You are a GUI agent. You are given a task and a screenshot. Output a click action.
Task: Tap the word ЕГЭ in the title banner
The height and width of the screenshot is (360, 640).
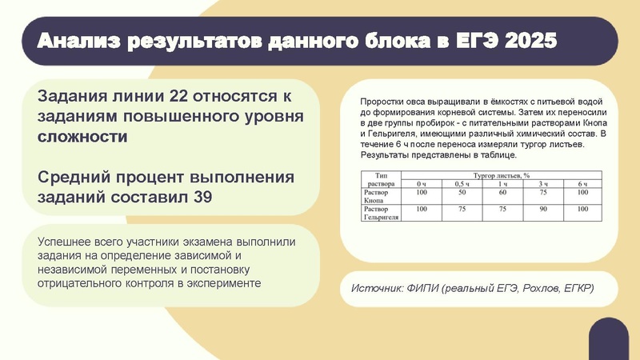[x=466, y=41]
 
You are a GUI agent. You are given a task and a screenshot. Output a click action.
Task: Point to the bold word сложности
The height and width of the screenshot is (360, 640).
[x=82, y=136]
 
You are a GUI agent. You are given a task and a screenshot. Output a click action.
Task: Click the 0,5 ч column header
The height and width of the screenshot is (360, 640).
[x=462, y=185]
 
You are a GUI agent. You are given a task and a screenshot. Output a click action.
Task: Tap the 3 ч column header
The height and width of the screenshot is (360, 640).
[x=543, y=185]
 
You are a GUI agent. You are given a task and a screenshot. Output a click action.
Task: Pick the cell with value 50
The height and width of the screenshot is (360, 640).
[x=462, y=193]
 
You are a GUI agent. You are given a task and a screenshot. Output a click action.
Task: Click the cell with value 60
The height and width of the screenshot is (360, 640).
[x=502, y=193]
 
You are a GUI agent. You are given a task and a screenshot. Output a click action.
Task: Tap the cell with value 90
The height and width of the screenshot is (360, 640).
[x=543, y=209]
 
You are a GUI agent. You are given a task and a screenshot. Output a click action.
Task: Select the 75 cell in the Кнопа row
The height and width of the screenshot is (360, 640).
[x=543, y=193]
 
